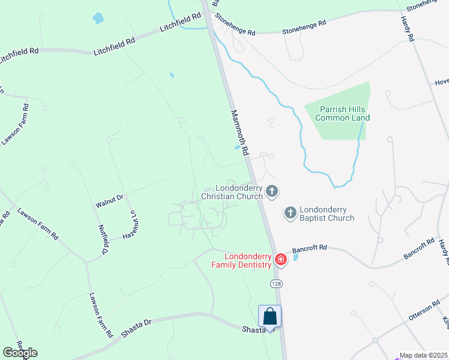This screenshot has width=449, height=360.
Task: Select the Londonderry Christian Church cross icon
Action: (x=272, y=192)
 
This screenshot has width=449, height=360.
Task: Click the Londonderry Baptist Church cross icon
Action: (x=290, y=212)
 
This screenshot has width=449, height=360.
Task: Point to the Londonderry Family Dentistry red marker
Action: (x=280, y=259)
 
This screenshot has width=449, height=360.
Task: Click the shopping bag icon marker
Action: (x=270, y=316)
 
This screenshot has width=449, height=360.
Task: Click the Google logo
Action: (x=20, y=353)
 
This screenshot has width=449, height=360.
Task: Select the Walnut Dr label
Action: (x=109, y=201)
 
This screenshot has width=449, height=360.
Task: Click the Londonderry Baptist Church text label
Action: (x=327, y=214)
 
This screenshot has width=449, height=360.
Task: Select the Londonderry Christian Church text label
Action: (x=232, y=192)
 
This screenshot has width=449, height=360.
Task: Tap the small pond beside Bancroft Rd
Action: (x=295, y=258)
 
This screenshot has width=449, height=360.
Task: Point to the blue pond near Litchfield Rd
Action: (x=98, y=18)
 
